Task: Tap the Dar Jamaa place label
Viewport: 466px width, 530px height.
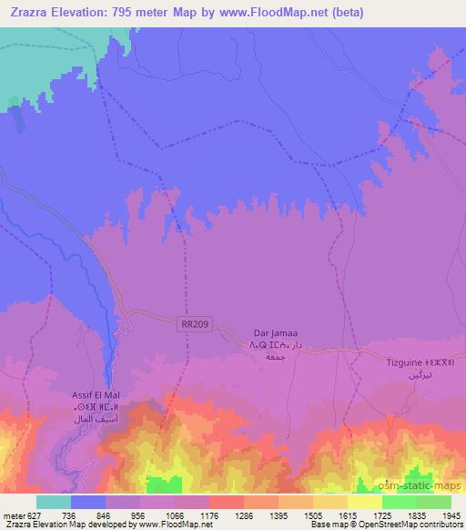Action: click(272, 334)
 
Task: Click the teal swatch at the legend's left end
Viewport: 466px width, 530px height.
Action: click(54, 502)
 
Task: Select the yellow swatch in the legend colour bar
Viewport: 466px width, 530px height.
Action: click(364, 502)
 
